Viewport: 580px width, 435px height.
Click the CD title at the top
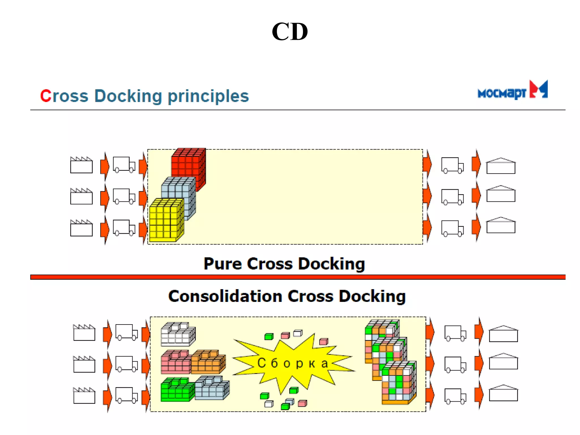[x=289, y=32]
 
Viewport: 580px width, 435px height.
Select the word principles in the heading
[x=208, y=96]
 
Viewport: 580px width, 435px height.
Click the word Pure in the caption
[x=222, y=264]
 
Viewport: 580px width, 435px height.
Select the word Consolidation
[x=225, y=297]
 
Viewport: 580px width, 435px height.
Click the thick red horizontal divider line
[x=297, y=277]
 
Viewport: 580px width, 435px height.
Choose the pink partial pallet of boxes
[x=176, y=362]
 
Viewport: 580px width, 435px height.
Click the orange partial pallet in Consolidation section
[x=208, y=362]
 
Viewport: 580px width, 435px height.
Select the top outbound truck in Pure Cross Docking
[x=452, y=165]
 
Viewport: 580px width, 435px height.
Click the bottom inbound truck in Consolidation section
[x=126, y=395]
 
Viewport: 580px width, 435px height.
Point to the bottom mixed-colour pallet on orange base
[x=399, y=382]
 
